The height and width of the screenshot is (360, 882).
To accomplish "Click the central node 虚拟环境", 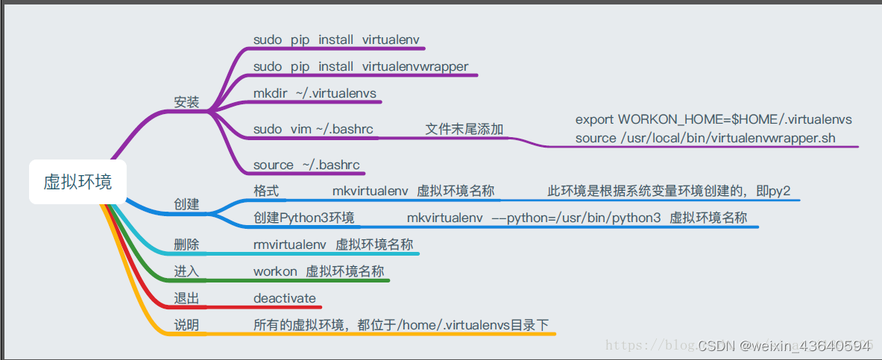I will click(x=78, y=182).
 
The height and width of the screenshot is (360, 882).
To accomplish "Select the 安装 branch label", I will click(x=186, y=102).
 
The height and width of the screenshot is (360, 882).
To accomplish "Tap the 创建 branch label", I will click(x=186, y=203).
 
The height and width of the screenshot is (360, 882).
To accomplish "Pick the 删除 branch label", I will click(x=186, y=244).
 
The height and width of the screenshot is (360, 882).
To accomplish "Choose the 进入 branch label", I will click(x=186, y=271).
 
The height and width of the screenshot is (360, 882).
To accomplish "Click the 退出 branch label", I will click(x=186, y=298).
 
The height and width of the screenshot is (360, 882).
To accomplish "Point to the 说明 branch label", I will click(x=186, y=325).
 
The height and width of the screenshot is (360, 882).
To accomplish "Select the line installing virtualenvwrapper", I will click(x=361, y=66).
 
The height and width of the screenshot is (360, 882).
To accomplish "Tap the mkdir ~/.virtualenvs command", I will click(x=315, y=93).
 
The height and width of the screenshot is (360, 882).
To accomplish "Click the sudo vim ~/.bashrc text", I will click(x=313, y=129).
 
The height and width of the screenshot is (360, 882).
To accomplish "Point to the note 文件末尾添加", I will click(x=464, y=129).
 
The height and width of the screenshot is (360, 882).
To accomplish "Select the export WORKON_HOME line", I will click(x=714, y=119).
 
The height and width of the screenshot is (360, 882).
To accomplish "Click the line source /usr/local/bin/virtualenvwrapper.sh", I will click(x=705, y=138).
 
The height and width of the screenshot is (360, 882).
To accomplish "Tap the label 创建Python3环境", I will click(x=303, y=218).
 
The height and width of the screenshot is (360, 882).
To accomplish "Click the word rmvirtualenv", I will click(x=289, y=244).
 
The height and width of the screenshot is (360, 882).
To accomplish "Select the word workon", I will click(x=275, y=271).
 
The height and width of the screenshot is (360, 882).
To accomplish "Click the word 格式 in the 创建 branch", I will click(x=266, y=191).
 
